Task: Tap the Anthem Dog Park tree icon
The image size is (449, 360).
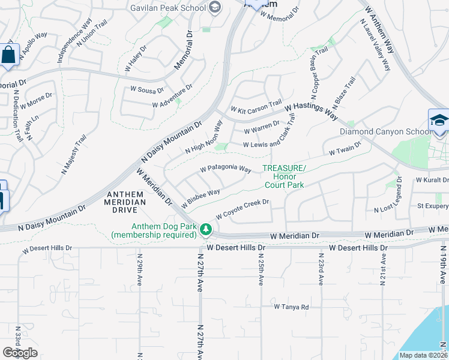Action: tap(206, 229)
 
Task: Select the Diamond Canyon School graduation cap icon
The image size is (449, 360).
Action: tap(439, 120)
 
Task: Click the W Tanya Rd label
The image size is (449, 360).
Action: tap(291, 307)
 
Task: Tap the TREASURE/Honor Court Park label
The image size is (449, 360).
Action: tap(283, 176)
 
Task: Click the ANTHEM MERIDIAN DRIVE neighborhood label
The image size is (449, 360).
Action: tap(126, 198)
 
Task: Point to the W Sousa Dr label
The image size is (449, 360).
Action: tap(147, 90)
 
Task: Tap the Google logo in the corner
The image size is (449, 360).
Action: tap(20, 352)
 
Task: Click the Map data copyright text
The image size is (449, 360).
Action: tap(423, 355)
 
